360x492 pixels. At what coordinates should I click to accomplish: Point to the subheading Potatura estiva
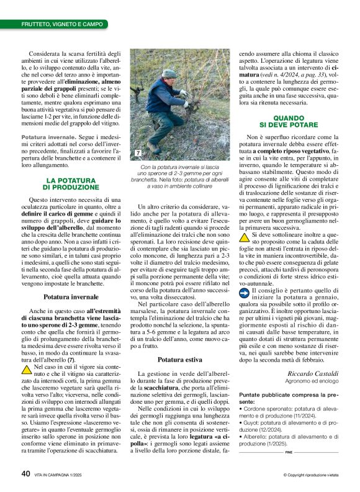point(180,360)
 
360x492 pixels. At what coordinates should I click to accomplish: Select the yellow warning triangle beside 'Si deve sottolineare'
point(246,237)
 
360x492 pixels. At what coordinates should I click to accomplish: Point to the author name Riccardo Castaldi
point(313,373)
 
